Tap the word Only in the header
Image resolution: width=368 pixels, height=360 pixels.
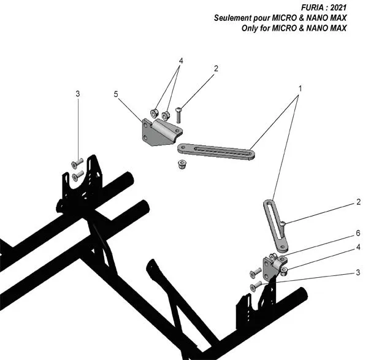pyautogui.click(x=253, y=28)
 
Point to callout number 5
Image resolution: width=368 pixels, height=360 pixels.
pyautogui.click(x=116, y=94)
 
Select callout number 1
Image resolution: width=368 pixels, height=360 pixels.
pyautogui.click(x=299, y=88)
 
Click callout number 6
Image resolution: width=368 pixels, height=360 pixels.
pyautogui.click(x=358, y=234)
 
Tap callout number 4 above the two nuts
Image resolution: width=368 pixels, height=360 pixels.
pyautogui.click(x=181, y=61)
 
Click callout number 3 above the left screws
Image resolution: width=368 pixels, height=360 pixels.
pyautogui.click(x=78, y=94)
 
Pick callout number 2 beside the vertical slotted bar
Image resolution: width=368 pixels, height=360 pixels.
pyautogui.click(x=358, y=201)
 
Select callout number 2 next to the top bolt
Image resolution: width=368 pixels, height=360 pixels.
pyautogui.click(x=216, y=69)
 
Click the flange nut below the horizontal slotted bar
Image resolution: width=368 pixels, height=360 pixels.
pyautogui.click(x=181, y=164)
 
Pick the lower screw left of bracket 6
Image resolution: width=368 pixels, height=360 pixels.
pyautogui.click(x=255, y=286)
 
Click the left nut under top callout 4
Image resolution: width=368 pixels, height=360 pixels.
pyautogui.click(x=155, y=112)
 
